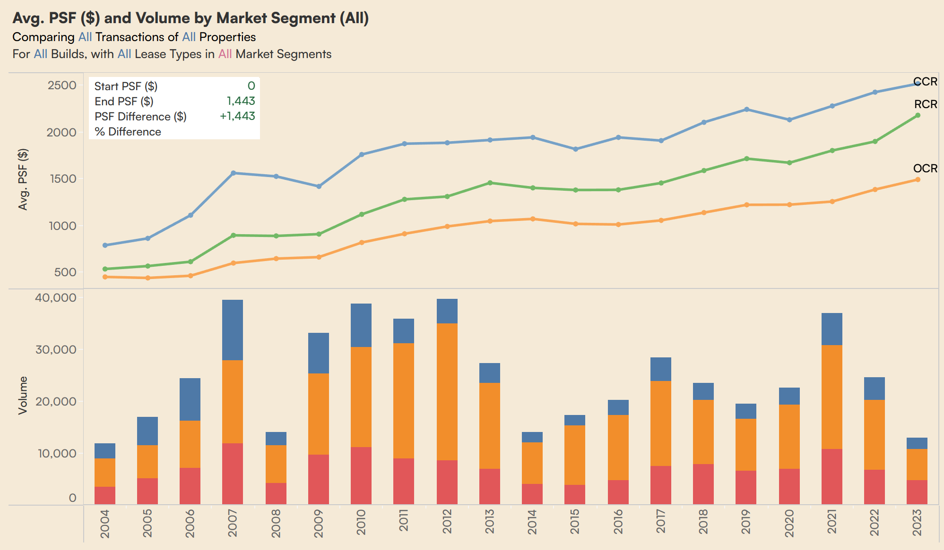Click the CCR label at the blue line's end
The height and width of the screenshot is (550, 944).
pyautogui.click(x=925, y=82)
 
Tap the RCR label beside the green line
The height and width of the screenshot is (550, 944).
pyautogui.click(x=925, y=104)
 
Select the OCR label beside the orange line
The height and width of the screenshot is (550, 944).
pyautogui.click(x=925, y=169)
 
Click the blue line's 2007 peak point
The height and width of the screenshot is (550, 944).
pyautogui.click(x=233, y=173)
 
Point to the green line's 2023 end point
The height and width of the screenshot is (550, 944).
pyautogui.click(x=918, y=116)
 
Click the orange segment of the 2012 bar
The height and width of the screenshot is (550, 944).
pyautogui.click(x=447, y=391)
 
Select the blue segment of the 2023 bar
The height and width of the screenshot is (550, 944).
pyautogui.click(x=917, y=443)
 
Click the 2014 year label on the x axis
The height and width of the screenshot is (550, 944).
pyautogui.click(x=532, y=522)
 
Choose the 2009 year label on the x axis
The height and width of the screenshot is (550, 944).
pyautogui.click(x=319, y=523)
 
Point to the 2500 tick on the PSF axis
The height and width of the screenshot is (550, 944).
pyautogui.click(x=62, y=85)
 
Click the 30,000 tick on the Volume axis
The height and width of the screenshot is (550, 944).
pyautogui.click(x=56, y=349)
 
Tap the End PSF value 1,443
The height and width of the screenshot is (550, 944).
pyautogui.click(x=241, y=101)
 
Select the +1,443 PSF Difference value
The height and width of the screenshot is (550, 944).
pyautogui.click(x=237, y=116)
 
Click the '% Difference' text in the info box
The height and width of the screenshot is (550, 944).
pyautogui.click(x=128, y=132)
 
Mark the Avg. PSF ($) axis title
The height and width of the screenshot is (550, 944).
pyautogui.click(x=23, y=179)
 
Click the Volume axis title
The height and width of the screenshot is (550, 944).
pyautogui.click(x=23, y=396)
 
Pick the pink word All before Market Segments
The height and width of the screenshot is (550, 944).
pyautogui.click(x=225, y=54)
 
